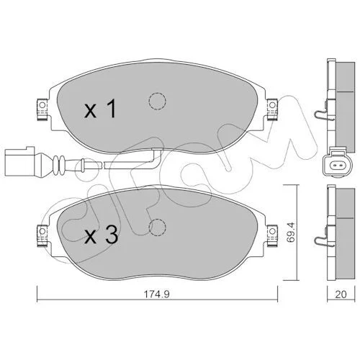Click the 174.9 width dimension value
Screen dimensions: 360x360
(x=157, y=294)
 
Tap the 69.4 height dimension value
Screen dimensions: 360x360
(x=291, y=233)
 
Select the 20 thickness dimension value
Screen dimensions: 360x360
(x=341, y=294)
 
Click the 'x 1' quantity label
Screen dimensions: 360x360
(x=100, y=109)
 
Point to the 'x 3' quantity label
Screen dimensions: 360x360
(x=101, y=235)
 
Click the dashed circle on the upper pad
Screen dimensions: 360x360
(x=157, y=101)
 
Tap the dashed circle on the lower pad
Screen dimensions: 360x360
(x=157, y=228)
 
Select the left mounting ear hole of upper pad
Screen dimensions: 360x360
(x=42, y=105)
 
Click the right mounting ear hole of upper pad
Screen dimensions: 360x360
(x=272, y=105)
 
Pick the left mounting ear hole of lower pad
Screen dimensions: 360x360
(x=42, y=231)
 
